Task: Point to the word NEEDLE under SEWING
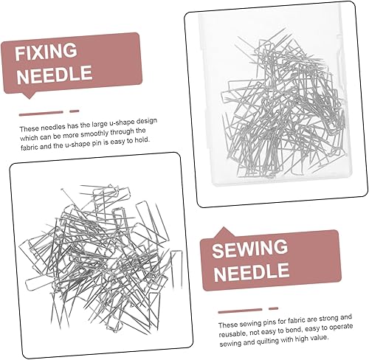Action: (252, 271)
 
